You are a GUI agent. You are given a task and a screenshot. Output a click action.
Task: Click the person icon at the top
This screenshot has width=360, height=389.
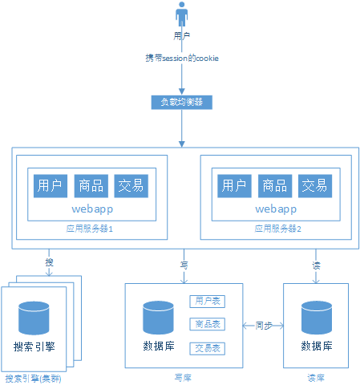point(182,16)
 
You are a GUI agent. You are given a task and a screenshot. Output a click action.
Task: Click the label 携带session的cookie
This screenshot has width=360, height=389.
point(181,59)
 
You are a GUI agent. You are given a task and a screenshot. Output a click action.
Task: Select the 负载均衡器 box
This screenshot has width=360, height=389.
point(182,102)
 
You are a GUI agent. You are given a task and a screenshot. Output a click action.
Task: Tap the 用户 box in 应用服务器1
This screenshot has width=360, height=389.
point(51,186)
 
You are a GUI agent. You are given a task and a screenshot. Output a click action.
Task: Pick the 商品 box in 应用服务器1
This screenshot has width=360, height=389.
point(91,186)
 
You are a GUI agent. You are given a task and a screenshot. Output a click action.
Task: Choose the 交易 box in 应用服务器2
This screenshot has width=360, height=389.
point(314,186)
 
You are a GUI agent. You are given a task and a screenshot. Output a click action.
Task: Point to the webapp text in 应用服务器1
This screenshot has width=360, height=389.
point(91,209)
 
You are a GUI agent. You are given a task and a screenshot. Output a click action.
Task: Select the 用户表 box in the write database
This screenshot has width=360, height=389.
point(206,302)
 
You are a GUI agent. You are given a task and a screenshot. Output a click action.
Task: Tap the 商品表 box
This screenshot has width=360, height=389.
point(206,325)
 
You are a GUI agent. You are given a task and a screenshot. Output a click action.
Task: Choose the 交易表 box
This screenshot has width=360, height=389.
point(206,349)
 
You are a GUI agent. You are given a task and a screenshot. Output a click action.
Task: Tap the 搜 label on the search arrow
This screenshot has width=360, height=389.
point(50,262)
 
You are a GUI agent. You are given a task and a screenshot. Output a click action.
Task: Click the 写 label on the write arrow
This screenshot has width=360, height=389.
point(184,262)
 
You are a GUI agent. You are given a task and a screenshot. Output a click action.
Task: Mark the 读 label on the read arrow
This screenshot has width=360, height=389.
point(315,262)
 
